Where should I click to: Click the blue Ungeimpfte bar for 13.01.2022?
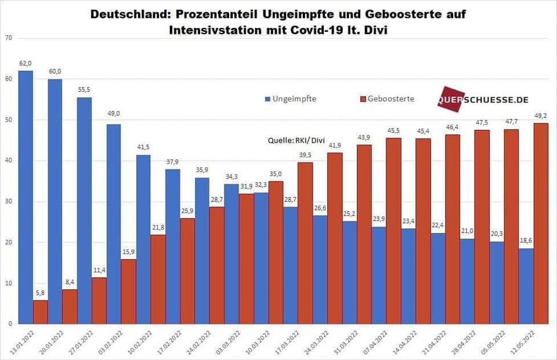(26, 197)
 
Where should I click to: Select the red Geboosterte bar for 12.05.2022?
(541, 223)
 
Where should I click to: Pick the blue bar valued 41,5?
(143, 239)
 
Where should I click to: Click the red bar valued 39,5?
(305, 243)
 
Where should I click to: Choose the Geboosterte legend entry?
(390, 99)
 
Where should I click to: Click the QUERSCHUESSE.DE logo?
(483, 100)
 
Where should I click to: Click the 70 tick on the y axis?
(8, 38)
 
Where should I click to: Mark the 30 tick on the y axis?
(8, 202)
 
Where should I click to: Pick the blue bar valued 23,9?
(379, 275)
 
